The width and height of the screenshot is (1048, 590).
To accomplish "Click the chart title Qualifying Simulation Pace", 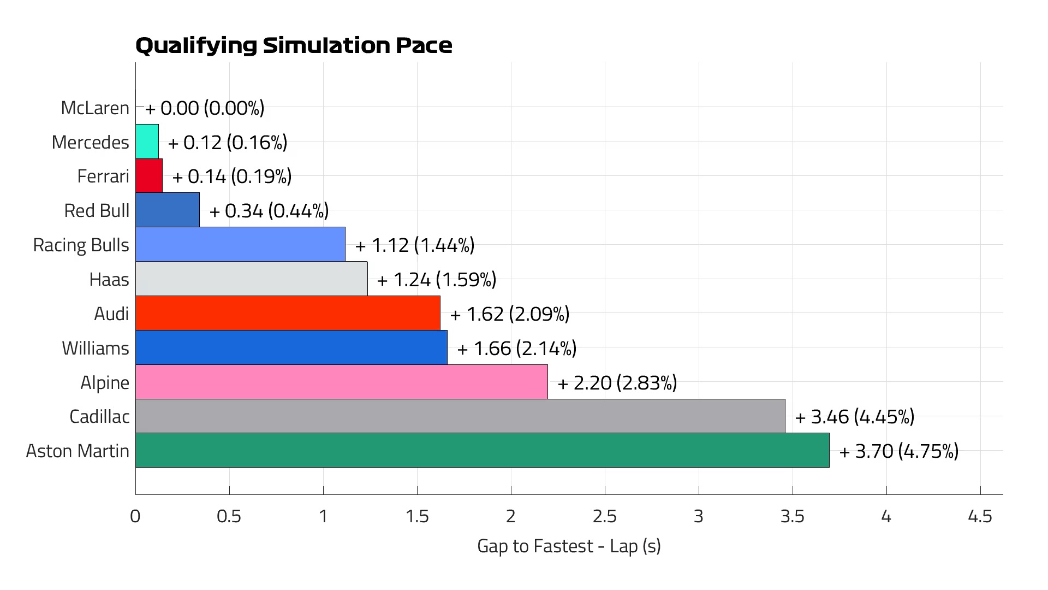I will (294, 45).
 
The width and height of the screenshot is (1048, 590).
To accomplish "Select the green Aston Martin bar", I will (482, 450).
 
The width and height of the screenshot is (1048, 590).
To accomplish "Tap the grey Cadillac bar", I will (460, 416).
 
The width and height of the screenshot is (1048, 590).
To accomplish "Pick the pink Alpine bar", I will (341, 382).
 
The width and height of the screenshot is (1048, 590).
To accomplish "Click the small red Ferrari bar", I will (148, 176).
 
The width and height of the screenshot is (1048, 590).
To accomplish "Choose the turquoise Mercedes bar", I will (147, 141).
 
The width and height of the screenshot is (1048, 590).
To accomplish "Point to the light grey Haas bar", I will (251, 279).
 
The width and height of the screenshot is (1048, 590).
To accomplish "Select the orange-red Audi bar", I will (288, 313).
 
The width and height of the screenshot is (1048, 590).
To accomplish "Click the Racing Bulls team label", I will (81, 245).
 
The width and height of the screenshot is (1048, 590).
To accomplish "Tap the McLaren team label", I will (95, 108).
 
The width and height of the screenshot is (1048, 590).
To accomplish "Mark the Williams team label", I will (96, 348).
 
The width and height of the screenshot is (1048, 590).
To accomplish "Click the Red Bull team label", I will (97, 210).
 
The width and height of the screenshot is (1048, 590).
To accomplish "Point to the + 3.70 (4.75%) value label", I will (898, 451).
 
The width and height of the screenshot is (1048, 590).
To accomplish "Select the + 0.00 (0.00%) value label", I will (205, 108).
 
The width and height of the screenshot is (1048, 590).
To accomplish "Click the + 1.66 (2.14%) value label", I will (516, 349).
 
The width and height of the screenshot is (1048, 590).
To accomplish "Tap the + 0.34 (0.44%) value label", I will (269, 211).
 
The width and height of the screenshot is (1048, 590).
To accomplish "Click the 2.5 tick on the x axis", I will (605, 516).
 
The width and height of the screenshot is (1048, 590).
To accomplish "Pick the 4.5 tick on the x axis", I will (980, 516).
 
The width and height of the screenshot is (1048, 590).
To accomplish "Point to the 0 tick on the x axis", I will (135, 516).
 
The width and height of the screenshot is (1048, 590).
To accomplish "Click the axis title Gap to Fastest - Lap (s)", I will (569, 546).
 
